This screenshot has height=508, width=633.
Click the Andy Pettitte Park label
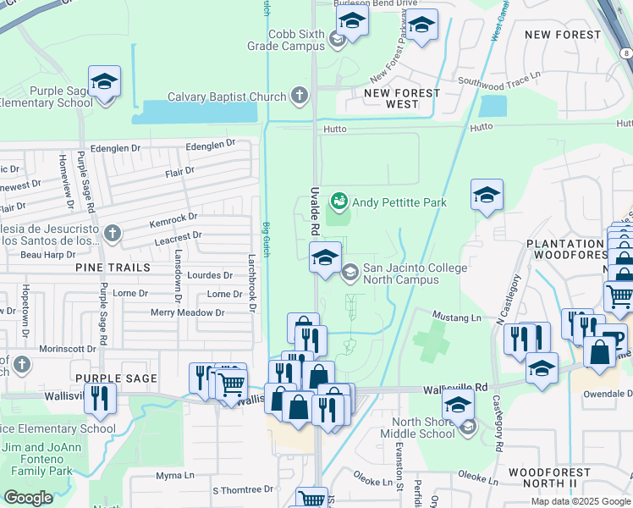click(x=399, y=202)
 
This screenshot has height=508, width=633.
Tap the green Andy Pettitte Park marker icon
click(x=339, y=202)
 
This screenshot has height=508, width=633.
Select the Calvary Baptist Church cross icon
click(x=300, y=97)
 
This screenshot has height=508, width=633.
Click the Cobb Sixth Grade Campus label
click(x=296, y=41)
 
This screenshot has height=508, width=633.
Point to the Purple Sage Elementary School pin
click(x=104, y=83)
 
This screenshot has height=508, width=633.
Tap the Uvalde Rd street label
click(x=314, y=211)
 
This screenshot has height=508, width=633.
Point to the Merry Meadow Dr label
click(x=187, y=312)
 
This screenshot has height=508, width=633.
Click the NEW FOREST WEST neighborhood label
click(x=403, y=98)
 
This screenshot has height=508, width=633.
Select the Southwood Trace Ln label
click(x=498, y=81)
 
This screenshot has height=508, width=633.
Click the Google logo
click(x=28, y=498)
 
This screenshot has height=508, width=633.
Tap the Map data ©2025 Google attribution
click(x=581, y=501)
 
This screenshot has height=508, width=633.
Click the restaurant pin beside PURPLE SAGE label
click(x=101, y=399)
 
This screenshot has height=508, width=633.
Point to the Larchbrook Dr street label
click(x=251, y=284)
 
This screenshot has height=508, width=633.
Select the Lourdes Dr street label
click(x=210, y=275)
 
